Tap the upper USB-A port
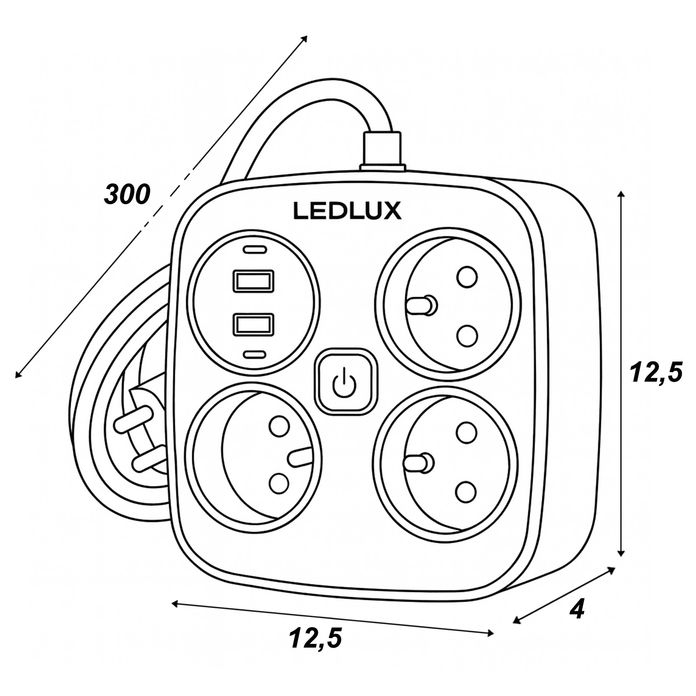point(254,281)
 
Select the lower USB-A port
point(254,325)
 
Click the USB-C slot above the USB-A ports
point(254,250)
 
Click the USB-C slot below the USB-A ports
point(254,355)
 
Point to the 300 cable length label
point(127,194)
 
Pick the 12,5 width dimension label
point(315,638)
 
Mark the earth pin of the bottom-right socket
point(418,463)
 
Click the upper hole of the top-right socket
point(467,277)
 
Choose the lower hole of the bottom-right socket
point(466,492)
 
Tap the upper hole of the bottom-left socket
point(279,426)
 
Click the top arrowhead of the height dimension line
point(621,194)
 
